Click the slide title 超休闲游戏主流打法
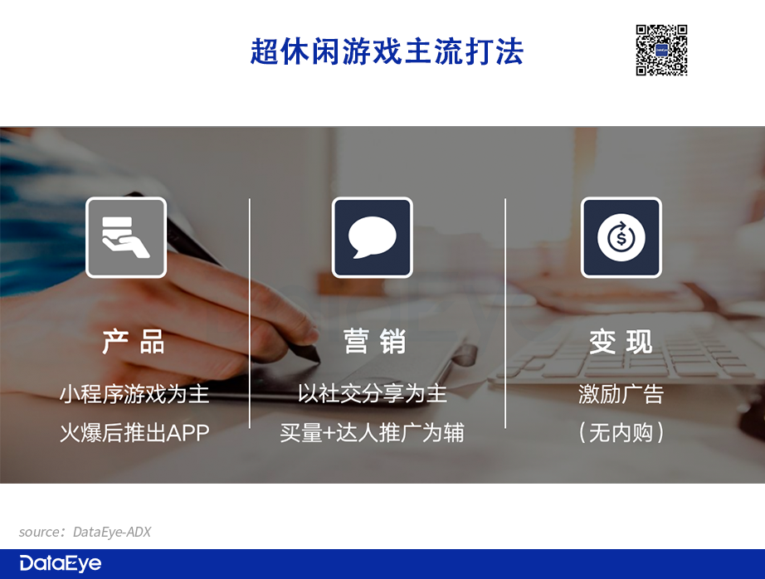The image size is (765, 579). coord(387,51)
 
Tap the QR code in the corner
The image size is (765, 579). coord(661,51)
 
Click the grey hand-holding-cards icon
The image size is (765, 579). coord(126,237)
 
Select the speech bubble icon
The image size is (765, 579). coord(373,237)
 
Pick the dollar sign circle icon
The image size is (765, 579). coord(621,237)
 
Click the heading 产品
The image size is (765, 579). coord(134,342)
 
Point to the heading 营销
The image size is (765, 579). coord(375,342)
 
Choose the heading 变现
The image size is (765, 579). coord(621,342)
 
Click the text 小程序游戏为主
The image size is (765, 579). coord(134,394)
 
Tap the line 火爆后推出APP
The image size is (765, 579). coord(134,433)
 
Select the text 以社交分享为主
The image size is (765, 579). coord(373,394)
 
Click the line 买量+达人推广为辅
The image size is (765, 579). coord(373,433)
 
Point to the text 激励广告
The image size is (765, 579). coord(621,394)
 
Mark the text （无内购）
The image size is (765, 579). coord(621,433)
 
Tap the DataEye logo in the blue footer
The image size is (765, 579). coord(61,563)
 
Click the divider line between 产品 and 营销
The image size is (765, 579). coord(249,314)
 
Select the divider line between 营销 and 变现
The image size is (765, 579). coord(505,314)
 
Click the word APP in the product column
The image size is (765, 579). coord(188,433)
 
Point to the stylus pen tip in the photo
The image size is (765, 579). coord(318,361)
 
